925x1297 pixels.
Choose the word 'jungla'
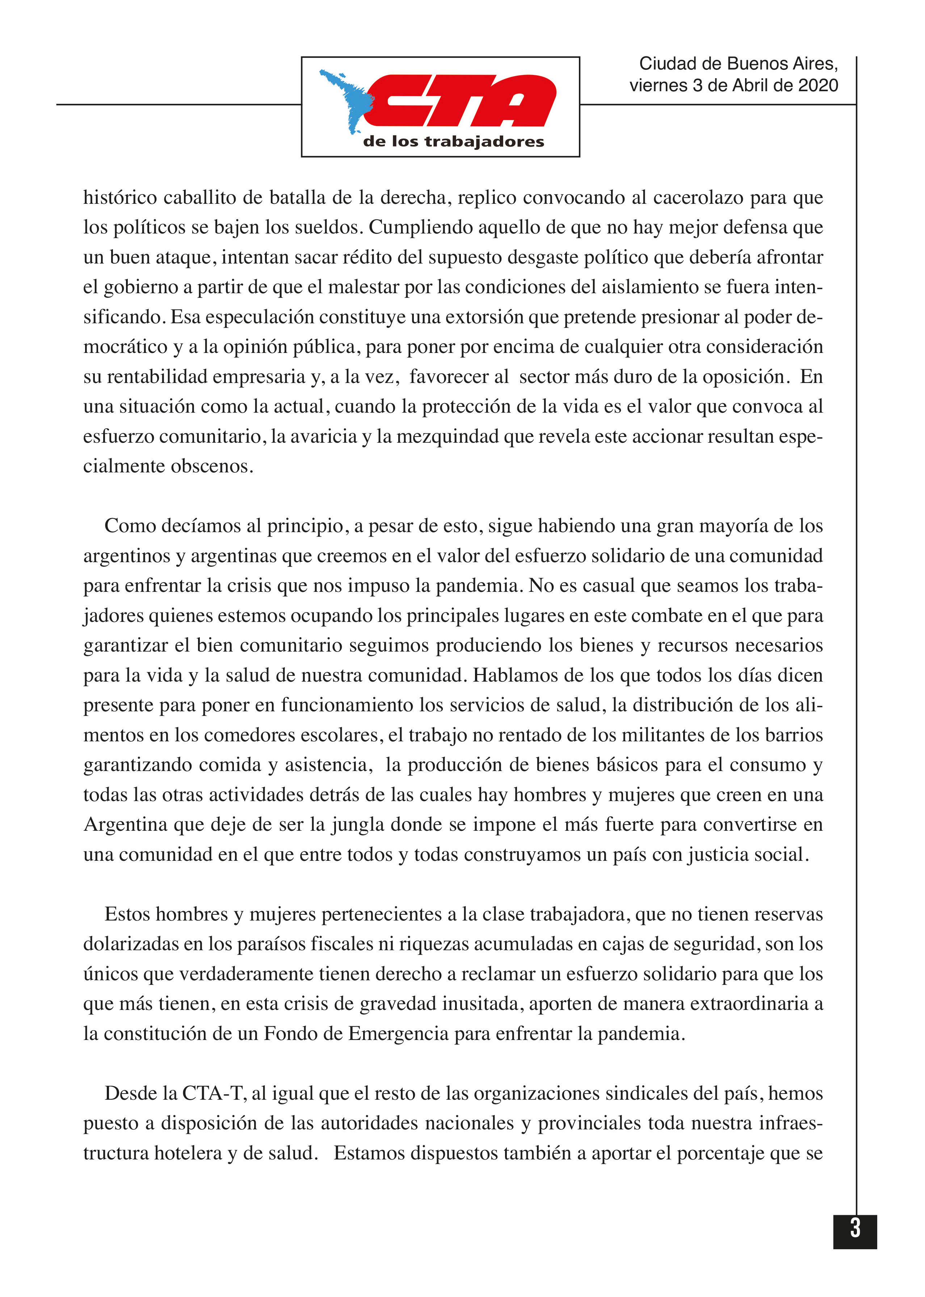(x=358, y=825)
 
